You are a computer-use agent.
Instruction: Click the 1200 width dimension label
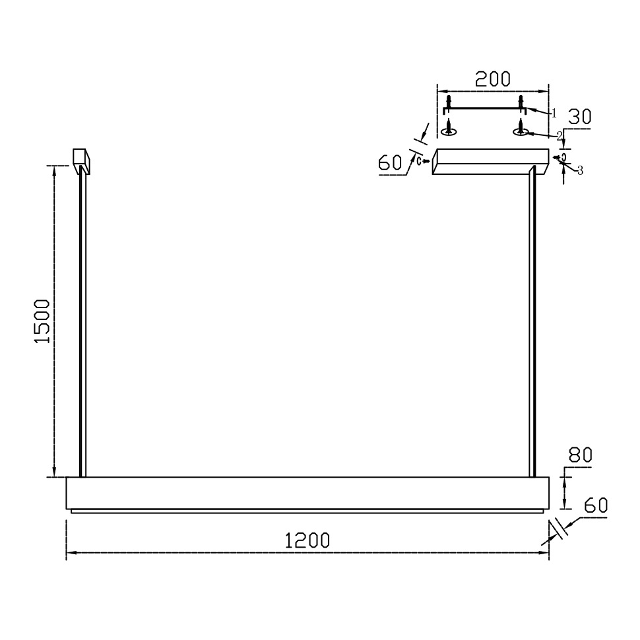click(x=307, y=540)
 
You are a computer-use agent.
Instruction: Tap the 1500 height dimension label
click(x=42, y=321)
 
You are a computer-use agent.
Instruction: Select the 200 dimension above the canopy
click(x=493, y=79)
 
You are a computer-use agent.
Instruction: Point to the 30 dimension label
click(x=579, y=117)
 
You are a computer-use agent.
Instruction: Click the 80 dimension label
click(x=580, y=455)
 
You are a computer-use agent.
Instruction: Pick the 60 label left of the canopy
click(x=390, y=162)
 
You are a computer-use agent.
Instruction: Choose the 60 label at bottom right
click(x=596, y=505)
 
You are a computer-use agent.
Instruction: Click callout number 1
click(x=554, y=113)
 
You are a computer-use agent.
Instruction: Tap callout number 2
click(x=560, y=136)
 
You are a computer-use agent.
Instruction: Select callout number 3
click(x=580, y=171)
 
